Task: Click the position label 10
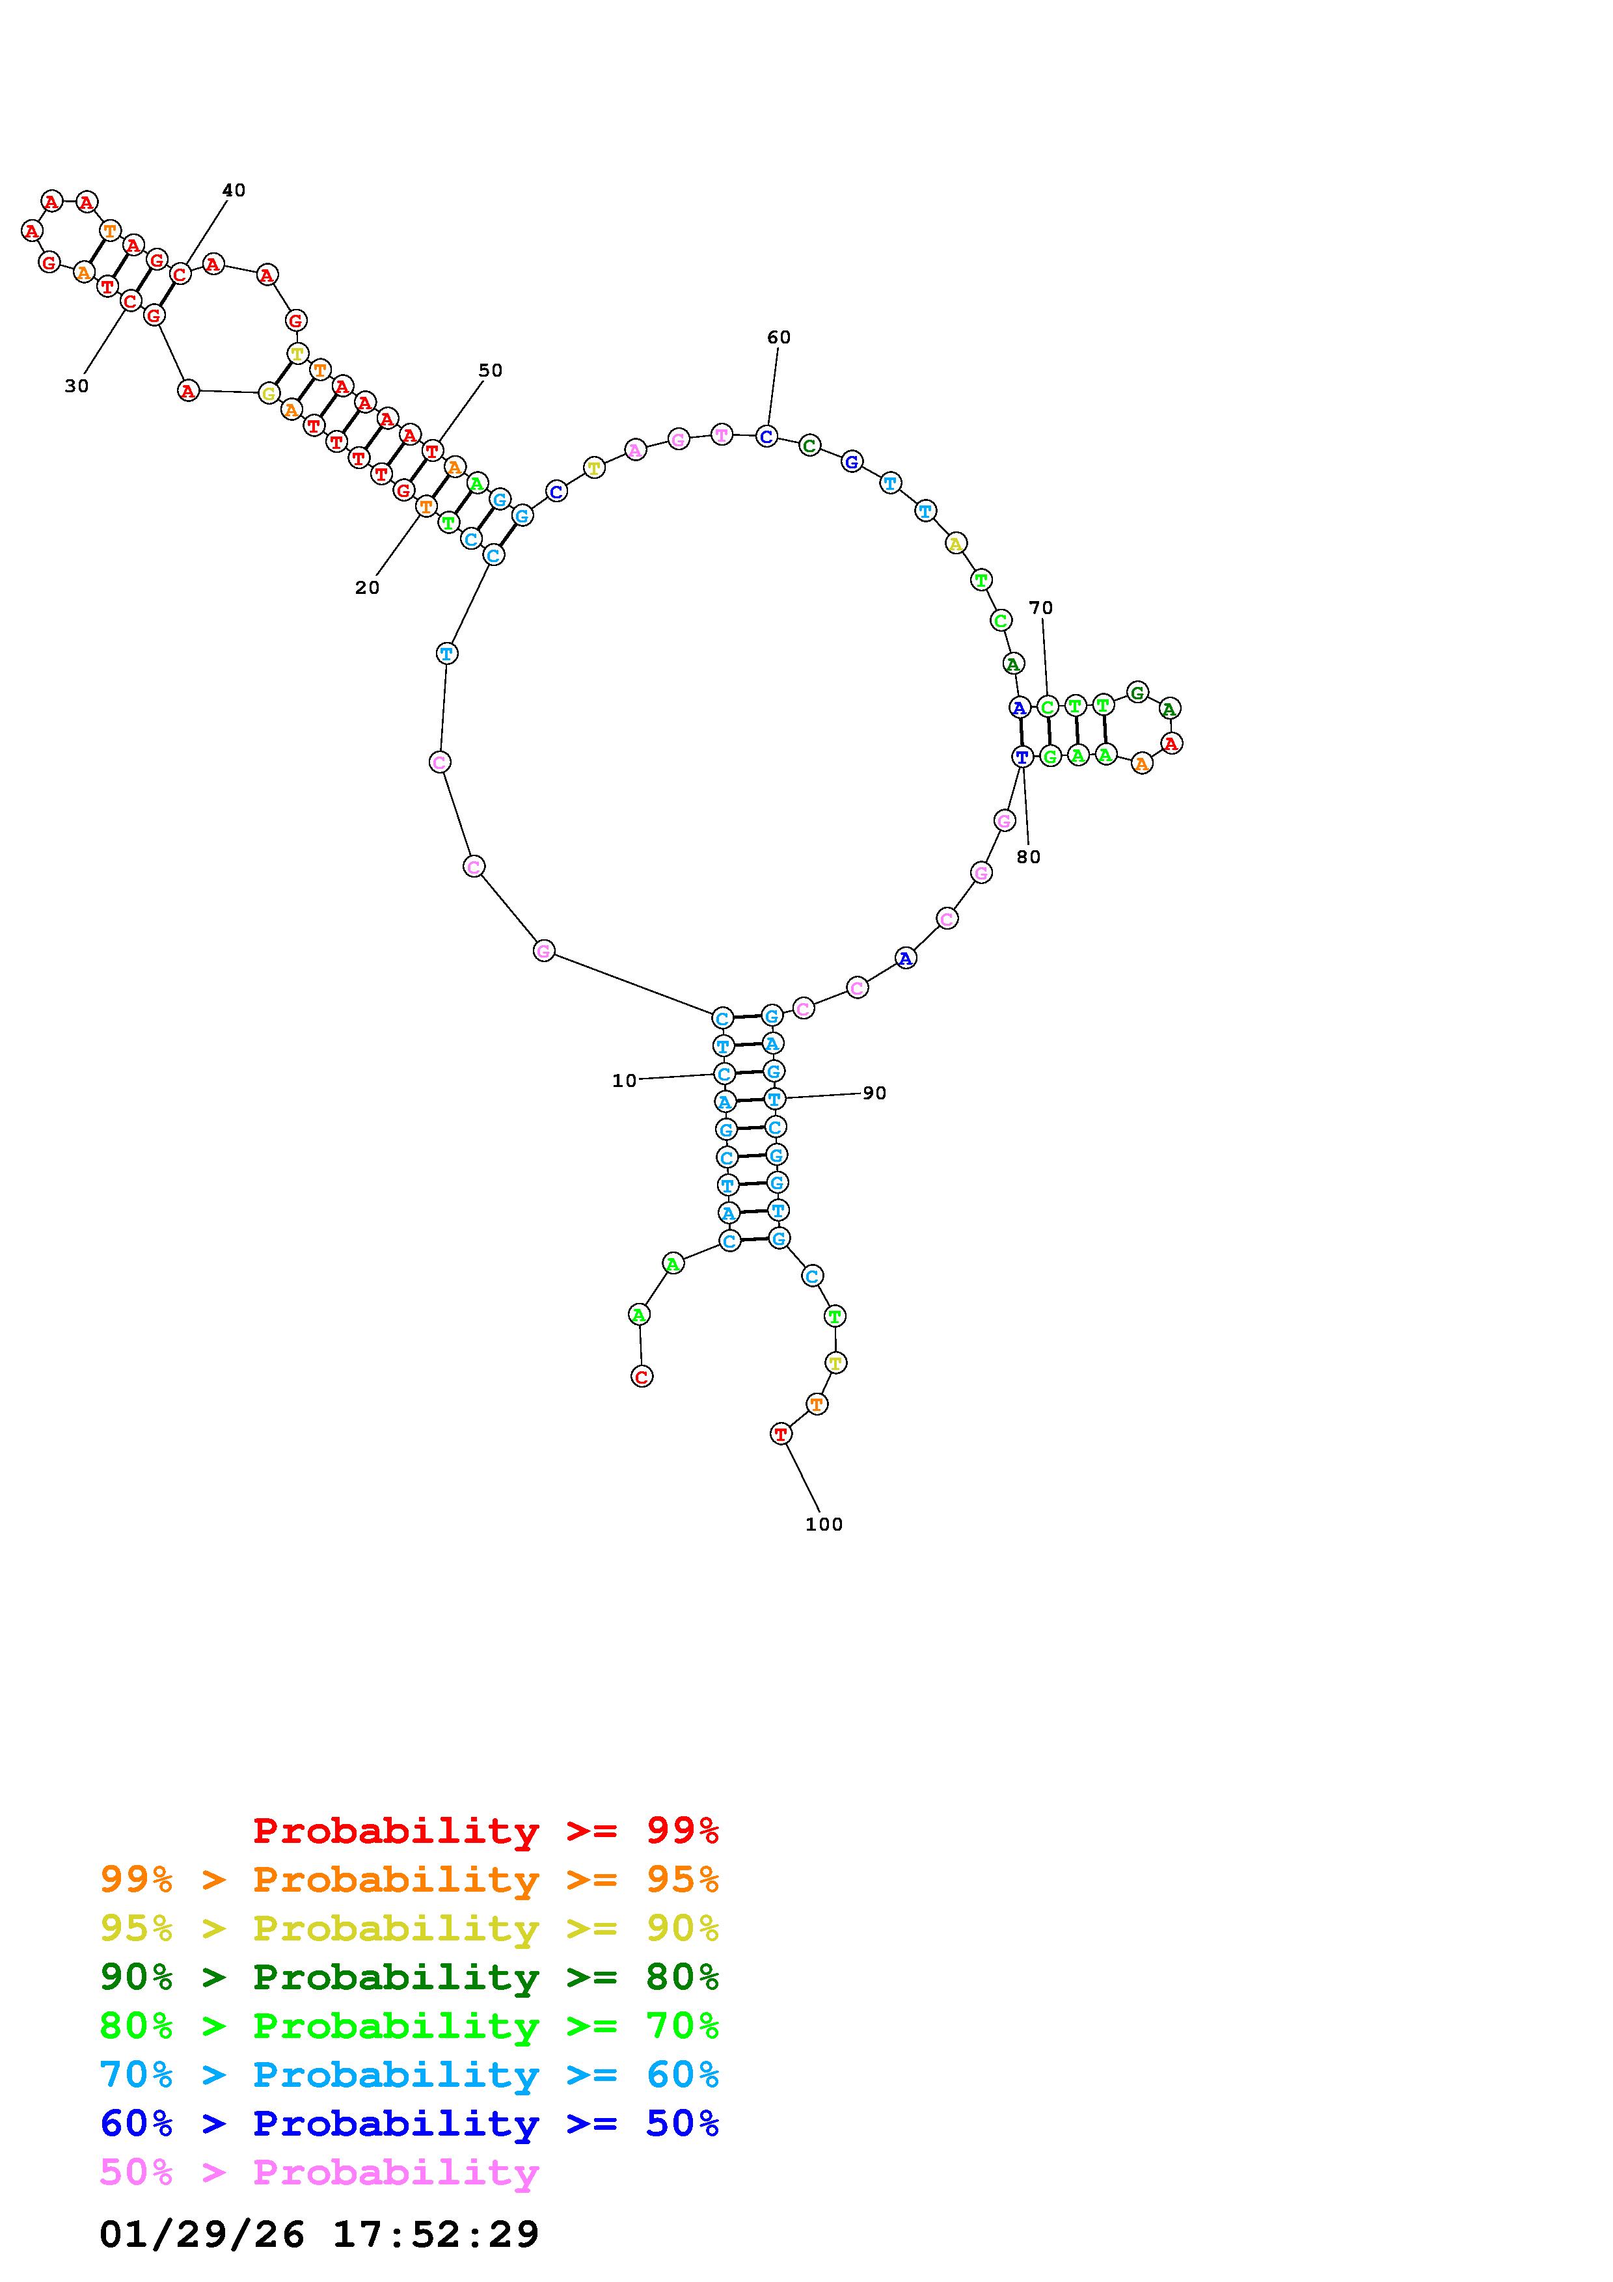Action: [x=624, y=1081]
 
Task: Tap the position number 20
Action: [x=368, y=589]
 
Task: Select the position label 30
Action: [x=77, y=386]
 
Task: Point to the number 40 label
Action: [x=234, y=190]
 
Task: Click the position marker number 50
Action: [x=491, y=371]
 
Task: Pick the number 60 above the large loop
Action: [x=779, y=338]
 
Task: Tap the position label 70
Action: [x=1040, y=608]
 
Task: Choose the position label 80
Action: [x=1029, y=857]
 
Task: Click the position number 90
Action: [x=874, y=1094]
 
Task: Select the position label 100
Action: [x=824, y=1525]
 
